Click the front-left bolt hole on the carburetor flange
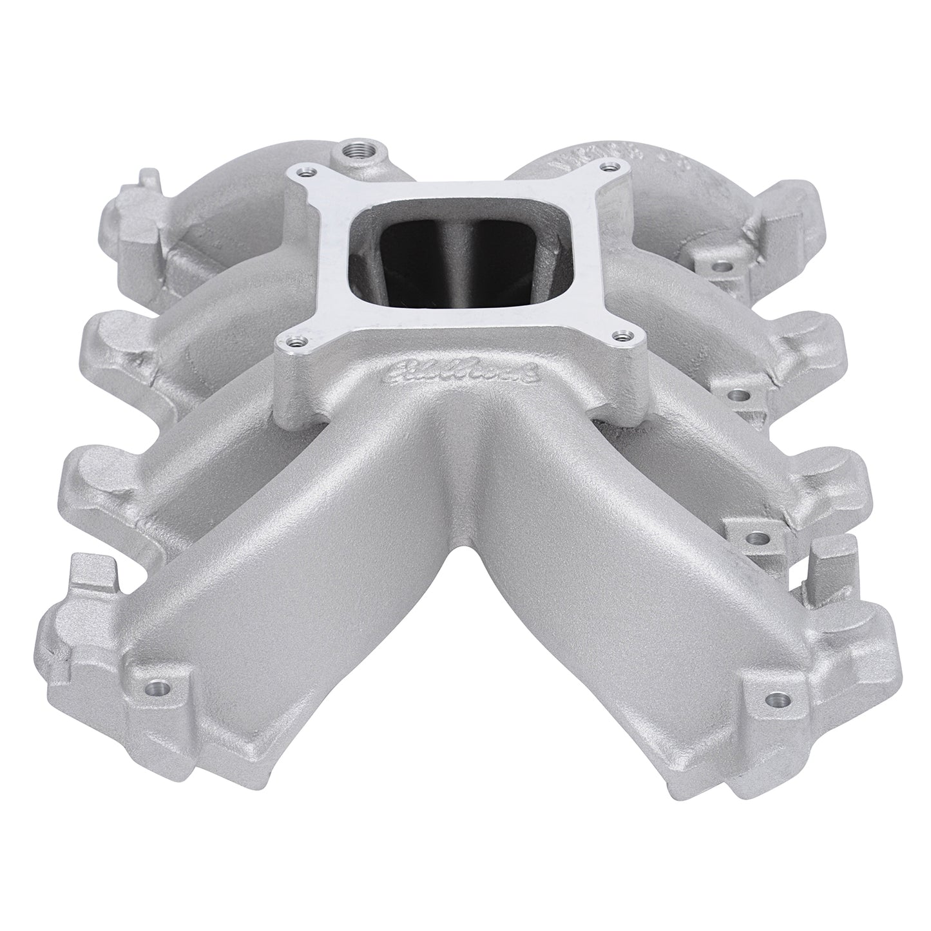coord(294,344)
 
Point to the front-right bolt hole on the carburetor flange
coord(620,335)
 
